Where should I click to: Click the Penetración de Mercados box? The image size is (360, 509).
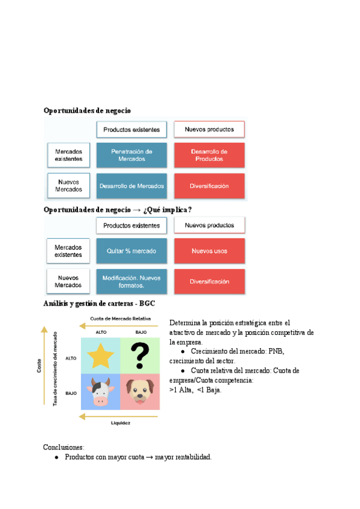(131, 155)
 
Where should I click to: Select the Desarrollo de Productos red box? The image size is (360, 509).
(209, 155)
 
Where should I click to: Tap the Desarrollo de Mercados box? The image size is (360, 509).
(131, 186)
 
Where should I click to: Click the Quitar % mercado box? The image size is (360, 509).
(131, 250)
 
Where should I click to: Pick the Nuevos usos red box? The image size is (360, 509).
(209, 250)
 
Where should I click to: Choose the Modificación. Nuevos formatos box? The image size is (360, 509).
(131, 282)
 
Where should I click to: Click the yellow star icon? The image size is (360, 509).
(100, 357)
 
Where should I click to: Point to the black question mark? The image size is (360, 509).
(140, 357)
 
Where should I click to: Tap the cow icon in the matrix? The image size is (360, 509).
(100, 391)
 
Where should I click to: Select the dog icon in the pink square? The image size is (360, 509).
(140, 391)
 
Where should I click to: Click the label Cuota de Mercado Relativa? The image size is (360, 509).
(120, 318)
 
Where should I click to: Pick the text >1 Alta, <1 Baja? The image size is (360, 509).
(196, 390)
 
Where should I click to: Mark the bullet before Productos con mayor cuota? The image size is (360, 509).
(56, 457)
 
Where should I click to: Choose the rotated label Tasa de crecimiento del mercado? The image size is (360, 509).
(56, 367)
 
